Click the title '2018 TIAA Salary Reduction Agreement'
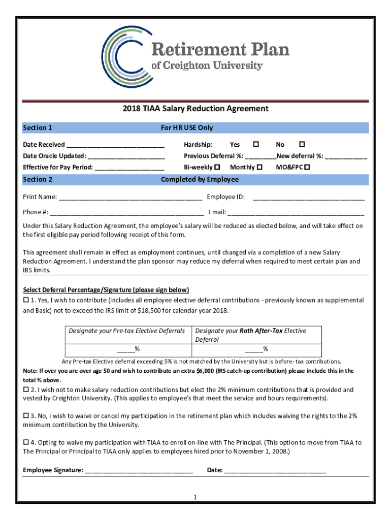(x=195, y=109)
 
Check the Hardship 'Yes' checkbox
(x=256, y=145)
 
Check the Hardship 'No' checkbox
(x=302, y=145)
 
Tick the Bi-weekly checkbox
(x=217, y=167)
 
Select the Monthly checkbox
(x=259, y=167)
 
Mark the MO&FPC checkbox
(x=307, y=167)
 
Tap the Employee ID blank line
(x=309, y=197)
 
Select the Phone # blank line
(x=127, y=212)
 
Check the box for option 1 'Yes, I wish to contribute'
(x=26, y=300)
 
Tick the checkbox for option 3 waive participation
(x=26, y=415)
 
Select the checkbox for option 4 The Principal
(x=26, y=442)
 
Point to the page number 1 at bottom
(x=195, y=497)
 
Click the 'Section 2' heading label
(x=38, y=179)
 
